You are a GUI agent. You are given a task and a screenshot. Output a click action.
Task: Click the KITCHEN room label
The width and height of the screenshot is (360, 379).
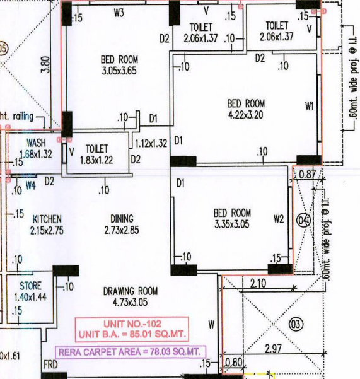47,219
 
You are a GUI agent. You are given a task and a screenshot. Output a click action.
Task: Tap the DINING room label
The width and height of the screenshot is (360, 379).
122,218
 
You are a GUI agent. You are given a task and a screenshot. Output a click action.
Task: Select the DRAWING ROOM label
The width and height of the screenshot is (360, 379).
131,291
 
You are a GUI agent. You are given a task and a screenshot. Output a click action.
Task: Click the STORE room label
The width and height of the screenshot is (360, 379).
30,286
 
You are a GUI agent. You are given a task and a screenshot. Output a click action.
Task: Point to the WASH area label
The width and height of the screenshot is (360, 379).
36,143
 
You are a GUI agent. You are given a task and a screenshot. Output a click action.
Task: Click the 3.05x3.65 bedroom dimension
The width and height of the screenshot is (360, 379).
119,71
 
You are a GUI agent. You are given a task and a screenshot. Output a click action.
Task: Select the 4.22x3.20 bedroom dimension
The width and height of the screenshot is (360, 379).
246,115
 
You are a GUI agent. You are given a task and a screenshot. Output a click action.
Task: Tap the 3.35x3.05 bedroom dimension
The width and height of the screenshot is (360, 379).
232,224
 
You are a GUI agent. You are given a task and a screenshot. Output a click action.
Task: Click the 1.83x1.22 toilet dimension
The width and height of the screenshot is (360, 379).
96,160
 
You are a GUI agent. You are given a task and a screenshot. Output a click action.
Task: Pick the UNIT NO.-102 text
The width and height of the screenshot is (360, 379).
132,324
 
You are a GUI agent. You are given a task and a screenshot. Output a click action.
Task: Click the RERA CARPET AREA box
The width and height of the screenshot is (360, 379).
131,352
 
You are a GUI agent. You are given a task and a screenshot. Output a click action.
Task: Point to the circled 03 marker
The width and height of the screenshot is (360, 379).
296,324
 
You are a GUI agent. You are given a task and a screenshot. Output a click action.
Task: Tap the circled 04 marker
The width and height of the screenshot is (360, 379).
303,220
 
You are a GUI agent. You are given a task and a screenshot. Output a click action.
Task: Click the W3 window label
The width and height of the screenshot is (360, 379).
119,13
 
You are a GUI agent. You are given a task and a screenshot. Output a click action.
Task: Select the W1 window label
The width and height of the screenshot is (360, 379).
310,106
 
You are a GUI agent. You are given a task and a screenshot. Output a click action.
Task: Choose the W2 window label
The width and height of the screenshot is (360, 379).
279,219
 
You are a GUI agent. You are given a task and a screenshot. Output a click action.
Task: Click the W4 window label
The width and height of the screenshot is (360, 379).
31,185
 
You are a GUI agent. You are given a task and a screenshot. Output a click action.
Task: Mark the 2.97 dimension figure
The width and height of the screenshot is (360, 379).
273,348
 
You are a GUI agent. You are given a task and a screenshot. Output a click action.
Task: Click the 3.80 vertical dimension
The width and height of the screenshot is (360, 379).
46,64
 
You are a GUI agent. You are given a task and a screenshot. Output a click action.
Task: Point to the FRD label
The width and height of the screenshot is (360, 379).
50,364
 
